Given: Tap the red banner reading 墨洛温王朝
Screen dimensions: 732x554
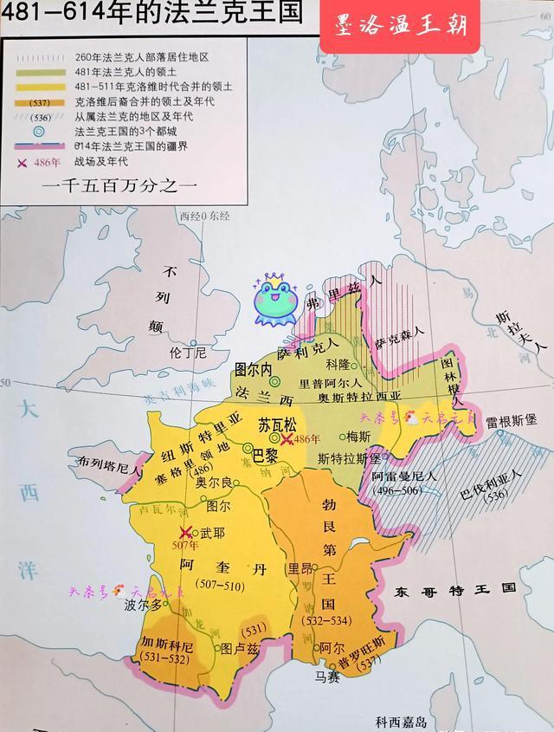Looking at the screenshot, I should pyautogui.click(x=400, y=26).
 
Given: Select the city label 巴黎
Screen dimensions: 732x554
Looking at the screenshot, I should pyautogui.click(x=265, y=453).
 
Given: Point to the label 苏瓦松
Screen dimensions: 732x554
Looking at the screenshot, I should pyautogui.click(x=277, y=425).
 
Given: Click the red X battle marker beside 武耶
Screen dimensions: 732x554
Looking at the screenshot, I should pyautogui.click(x=185, y=533).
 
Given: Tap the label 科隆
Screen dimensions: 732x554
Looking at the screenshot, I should pyautogui.click(x=338, y=365).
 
